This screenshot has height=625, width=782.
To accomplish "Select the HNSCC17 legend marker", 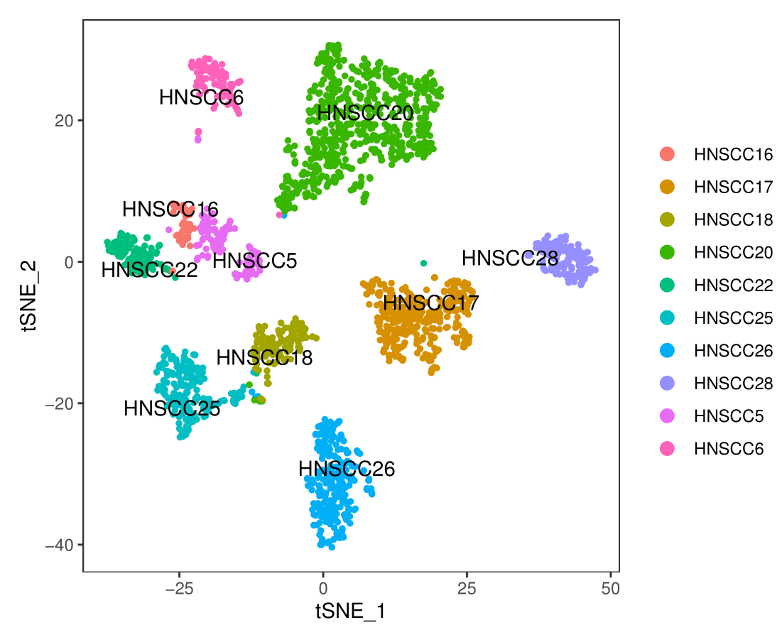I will point(668,187).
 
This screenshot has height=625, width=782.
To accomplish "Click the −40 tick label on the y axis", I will point(60,545).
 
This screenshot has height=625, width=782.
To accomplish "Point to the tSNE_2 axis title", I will point(29,295).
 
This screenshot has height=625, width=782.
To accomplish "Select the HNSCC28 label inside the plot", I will point(509,258).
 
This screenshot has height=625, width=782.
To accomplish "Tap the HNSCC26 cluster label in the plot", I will point(347,469).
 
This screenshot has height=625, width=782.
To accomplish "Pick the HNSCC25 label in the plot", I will point(172,409).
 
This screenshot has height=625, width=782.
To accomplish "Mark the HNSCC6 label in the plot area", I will point(201,97).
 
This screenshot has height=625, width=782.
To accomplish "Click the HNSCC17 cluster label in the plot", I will point(430,303).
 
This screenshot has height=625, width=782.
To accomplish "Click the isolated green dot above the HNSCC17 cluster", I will point(423,263).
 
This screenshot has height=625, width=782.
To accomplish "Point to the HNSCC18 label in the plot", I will point(264,357).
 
